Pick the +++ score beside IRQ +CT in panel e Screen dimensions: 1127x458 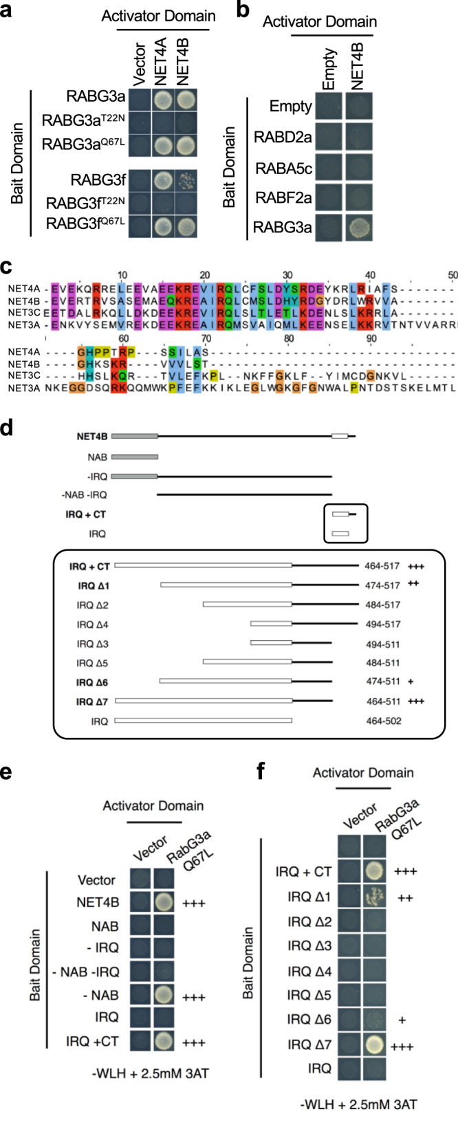pyautogui.click(x=194, y=1042)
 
